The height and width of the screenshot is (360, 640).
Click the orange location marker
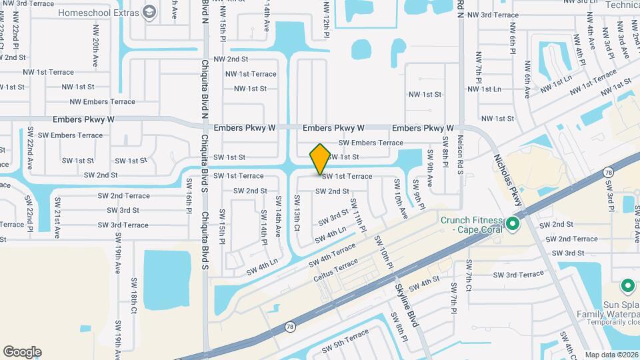(320, 159)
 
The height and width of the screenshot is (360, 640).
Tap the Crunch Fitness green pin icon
(512, 223)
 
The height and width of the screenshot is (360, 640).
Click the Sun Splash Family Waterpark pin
(627, 286)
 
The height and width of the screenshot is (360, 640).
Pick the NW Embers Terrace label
(103, 102)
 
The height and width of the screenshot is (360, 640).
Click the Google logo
(22, 352)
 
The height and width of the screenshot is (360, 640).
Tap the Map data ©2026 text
(611, 355)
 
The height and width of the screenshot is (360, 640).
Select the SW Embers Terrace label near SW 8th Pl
(371, 143)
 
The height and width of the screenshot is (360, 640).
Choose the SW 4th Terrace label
(329, 256)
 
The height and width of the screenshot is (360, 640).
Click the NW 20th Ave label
(97, 51)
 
